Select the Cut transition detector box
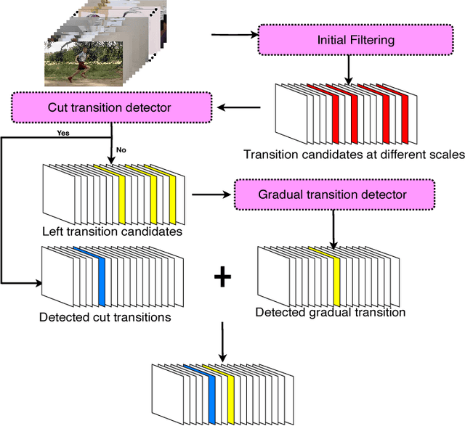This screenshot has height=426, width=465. click(x=109, y=108)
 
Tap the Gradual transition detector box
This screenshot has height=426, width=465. click(x=333, y=194)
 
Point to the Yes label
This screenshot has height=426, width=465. click(x=63, y=134)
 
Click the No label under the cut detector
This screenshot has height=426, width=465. click(x=121, y=150)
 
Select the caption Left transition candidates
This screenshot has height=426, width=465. click(x=112, y=232)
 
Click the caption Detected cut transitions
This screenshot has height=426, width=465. click(x=106, y=316)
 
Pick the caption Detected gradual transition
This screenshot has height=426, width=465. click(x=331, y=312)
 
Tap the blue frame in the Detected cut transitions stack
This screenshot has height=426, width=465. click(x=101, y=275)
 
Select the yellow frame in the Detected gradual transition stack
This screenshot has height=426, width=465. click(x=336, y=277)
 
